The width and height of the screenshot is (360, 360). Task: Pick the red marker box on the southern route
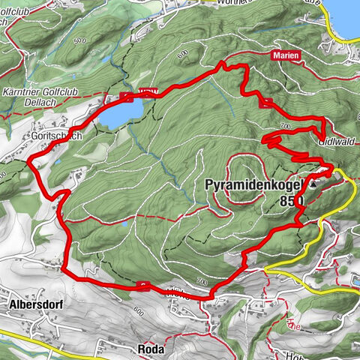[142, 286]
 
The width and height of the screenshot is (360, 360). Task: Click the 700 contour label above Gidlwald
[283, 124]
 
